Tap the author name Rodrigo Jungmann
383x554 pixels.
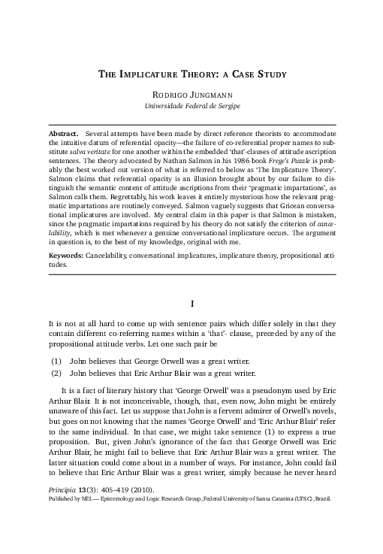pyautogui.click(x=191, y=95)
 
